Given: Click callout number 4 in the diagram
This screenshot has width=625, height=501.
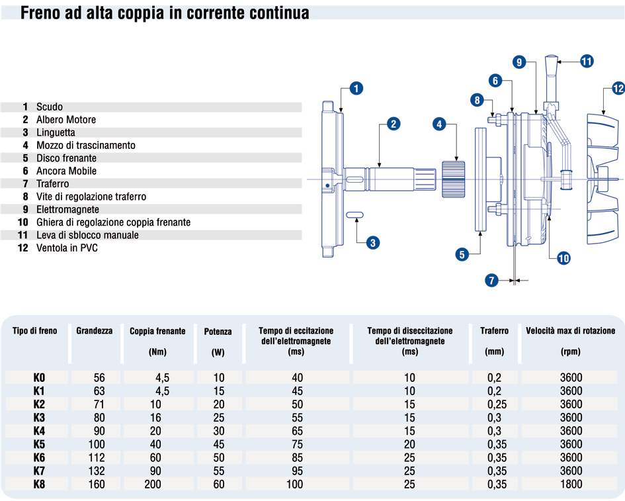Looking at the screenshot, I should pos(440,124).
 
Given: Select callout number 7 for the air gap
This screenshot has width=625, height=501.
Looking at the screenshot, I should pos(491,281).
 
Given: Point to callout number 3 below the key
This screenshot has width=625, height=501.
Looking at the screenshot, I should pos(373,243).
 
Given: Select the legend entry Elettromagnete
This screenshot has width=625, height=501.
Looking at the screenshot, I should pos(67,209).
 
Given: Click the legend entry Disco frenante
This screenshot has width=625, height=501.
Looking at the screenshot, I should pos(66,158).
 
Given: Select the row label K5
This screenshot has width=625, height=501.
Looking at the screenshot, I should pos(40,444).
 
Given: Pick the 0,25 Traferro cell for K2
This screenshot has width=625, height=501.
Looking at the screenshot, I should pos(494,404).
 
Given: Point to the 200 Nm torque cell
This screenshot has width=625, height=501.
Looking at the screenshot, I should pos(154,484).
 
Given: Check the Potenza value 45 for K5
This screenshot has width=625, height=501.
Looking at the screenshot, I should pos(218,444).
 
